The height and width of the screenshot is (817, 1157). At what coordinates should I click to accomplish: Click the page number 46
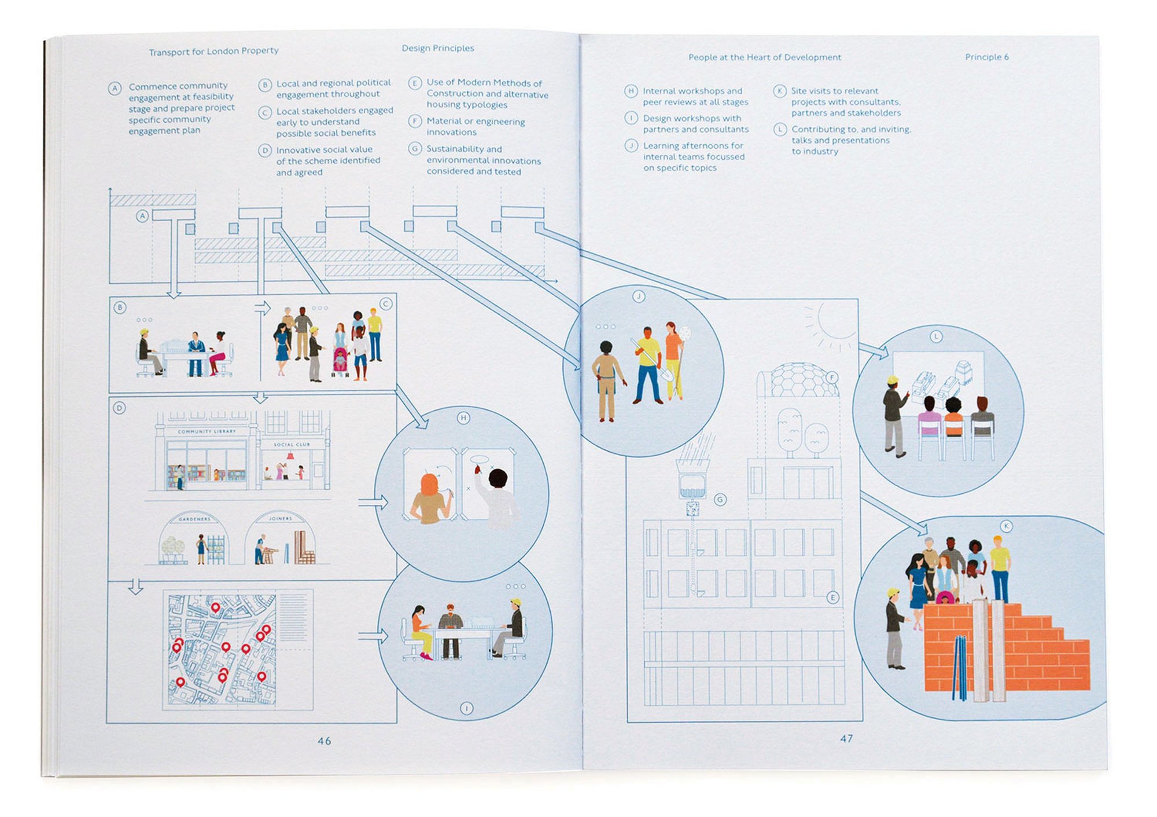324,741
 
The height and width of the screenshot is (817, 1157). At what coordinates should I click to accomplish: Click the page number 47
846,738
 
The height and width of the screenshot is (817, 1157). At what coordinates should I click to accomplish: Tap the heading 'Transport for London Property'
213,51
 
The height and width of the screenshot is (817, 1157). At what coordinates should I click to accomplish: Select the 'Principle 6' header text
986,57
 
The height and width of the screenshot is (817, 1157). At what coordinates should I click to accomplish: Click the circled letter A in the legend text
115,89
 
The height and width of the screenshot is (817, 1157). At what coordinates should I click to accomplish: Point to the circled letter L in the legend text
780,129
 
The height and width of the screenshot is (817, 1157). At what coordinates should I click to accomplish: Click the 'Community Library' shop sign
207,431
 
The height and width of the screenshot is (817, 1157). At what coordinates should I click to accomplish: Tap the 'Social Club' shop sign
292,444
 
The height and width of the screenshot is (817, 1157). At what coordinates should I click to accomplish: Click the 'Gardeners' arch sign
194,519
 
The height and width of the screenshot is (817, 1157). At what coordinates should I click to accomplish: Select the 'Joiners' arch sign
281,518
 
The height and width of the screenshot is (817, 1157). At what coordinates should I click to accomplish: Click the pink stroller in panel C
340,360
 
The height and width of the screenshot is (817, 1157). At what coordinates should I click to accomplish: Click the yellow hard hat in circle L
893,380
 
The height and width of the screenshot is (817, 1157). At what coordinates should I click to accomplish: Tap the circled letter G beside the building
720,499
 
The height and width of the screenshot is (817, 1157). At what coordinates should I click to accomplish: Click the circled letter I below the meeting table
466,708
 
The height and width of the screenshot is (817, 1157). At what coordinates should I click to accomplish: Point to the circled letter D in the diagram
119,408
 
